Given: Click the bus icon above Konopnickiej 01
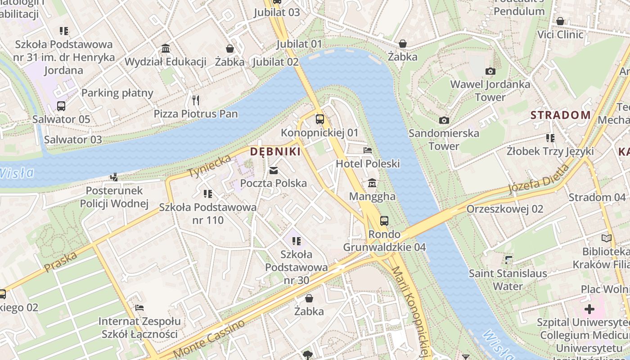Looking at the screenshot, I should click(319, 119).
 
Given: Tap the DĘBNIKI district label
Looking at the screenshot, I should click(275, 152).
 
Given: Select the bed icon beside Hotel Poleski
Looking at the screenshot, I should click(368, 150).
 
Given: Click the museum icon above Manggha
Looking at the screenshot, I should click(373, 183).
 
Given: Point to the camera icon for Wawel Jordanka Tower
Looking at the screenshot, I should click(490, 71).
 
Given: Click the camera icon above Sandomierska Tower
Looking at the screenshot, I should click(444, 120).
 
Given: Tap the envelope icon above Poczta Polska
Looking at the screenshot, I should click(273, 170).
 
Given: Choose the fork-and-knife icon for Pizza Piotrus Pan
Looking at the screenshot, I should click(195, 100).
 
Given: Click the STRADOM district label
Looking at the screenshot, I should click(560, 115).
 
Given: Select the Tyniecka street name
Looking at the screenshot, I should click(210, 166).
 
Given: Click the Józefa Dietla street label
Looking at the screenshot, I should click(539, 179).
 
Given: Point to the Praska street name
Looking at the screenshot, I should click(61, 262).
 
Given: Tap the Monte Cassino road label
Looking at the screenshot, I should click(209, 338).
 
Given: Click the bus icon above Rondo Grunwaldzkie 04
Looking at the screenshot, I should click(384, 220).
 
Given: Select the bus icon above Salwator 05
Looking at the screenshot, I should click(61, 106).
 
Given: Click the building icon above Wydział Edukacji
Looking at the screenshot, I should click(165, 48).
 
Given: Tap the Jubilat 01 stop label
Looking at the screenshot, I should click(299, 44).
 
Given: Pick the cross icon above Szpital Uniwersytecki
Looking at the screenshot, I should click(589, 309).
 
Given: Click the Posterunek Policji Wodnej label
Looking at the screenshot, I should click(114, 197).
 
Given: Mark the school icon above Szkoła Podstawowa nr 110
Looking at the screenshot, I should click(207, 194).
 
